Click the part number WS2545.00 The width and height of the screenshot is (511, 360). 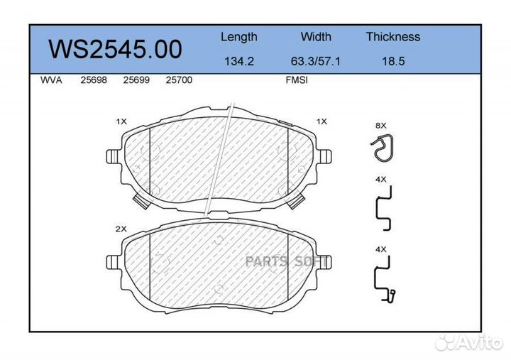pos(115,49)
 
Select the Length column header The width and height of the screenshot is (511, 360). pos(239,37)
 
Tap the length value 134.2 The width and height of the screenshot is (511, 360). pos(239,61)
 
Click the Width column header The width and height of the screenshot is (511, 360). pos(316,36)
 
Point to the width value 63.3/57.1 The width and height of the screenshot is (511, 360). pos(315,61)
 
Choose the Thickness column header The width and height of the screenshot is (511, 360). pos(393,36)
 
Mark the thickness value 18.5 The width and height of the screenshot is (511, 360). pos(393,61)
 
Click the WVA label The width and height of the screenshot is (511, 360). pos(51,80)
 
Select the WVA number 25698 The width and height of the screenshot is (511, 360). pos(94,80)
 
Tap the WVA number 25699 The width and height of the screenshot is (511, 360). pos(136,80)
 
